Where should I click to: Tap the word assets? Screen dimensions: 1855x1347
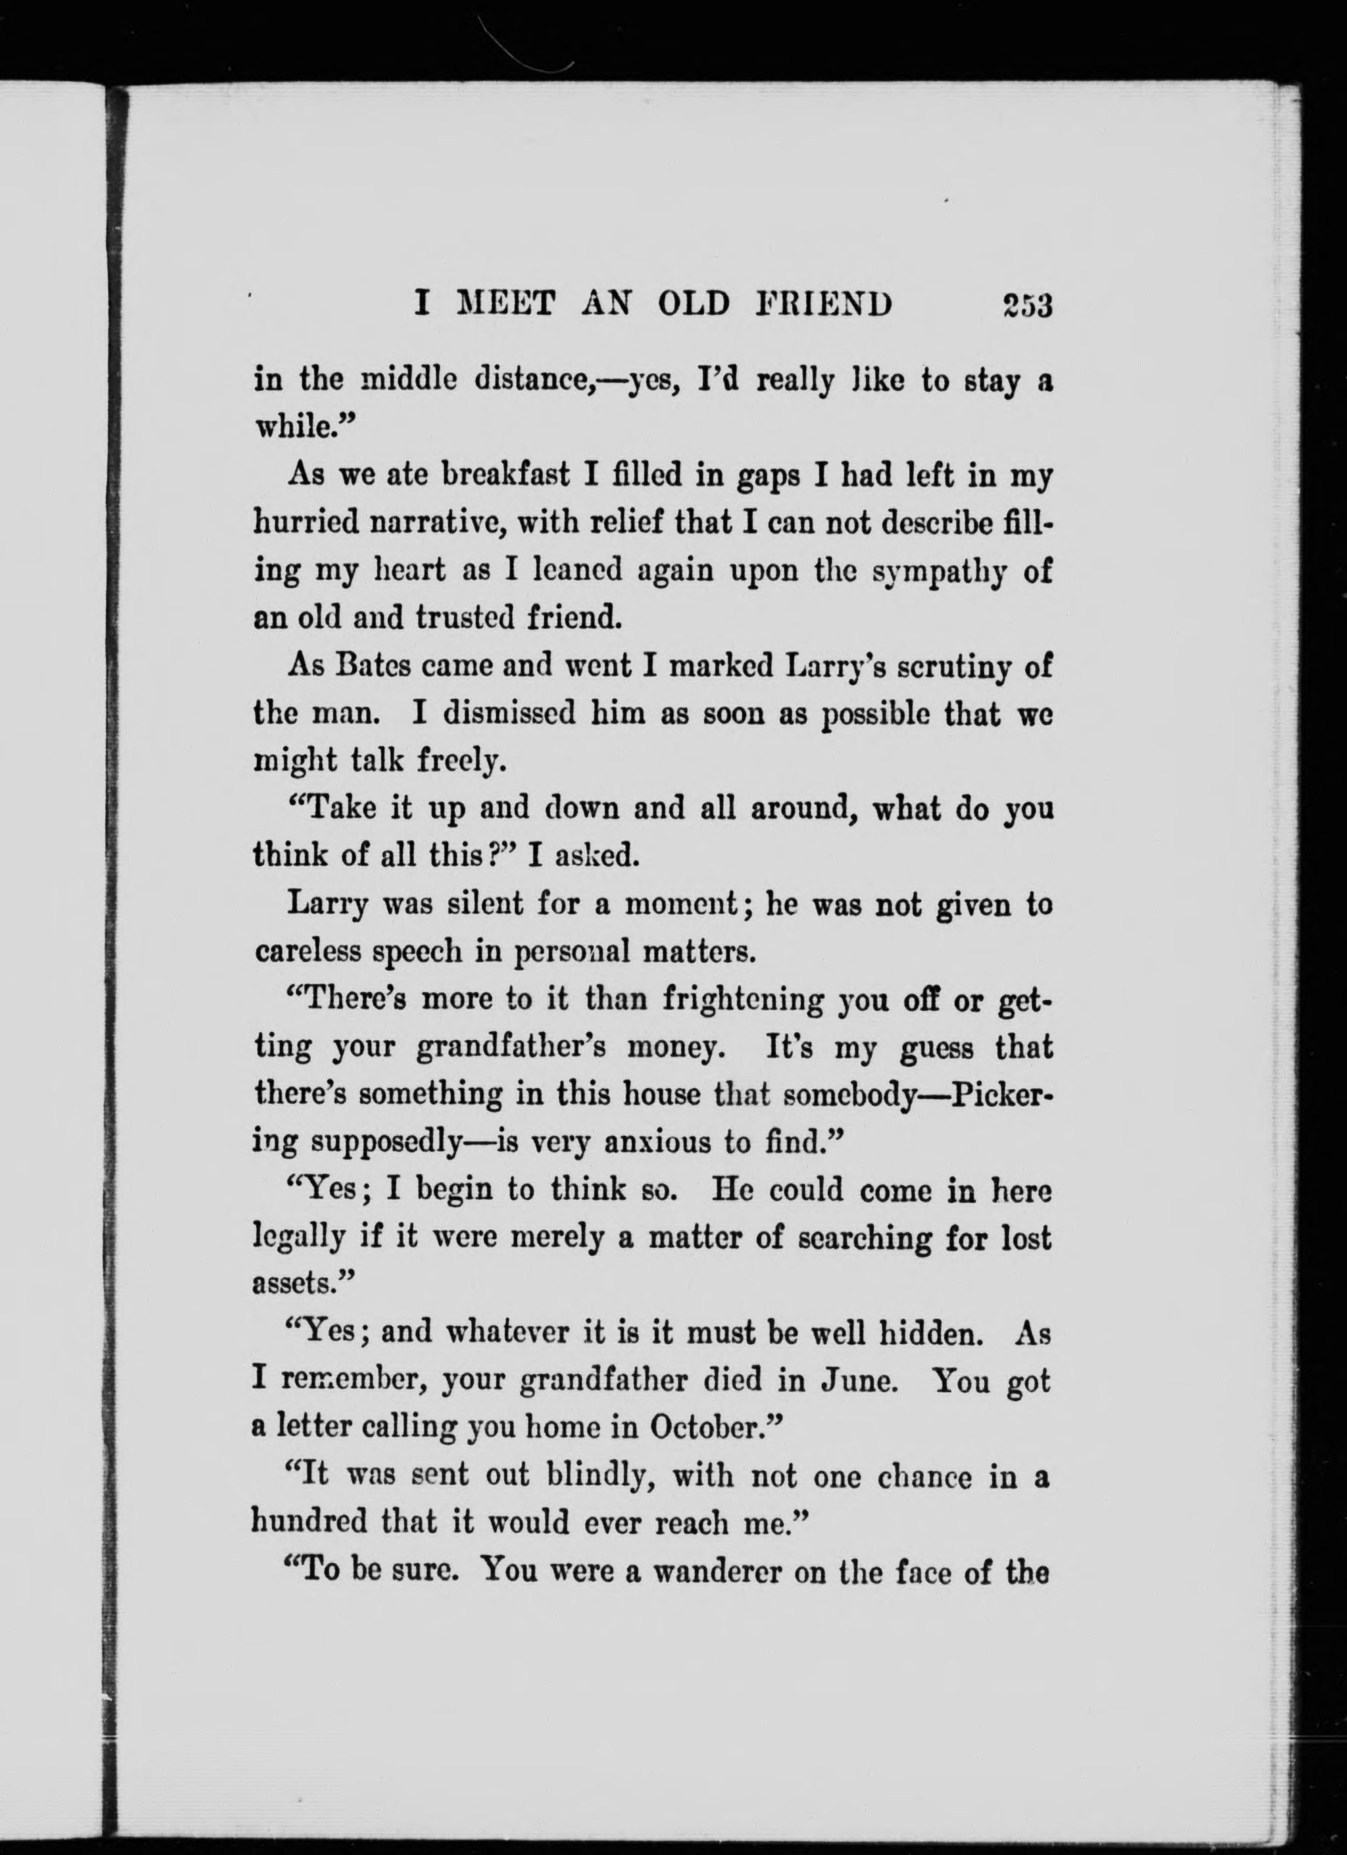point(299,1285)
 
